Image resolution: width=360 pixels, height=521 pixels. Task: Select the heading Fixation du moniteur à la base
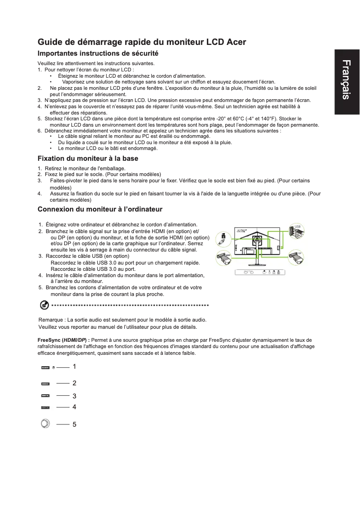pyautogui.click(x=88, y=159)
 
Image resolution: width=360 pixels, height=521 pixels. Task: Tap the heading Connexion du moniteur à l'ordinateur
pyautogui.click(x=100, y=210)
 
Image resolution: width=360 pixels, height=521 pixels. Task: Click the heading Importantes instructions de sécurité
pyautogui.click(x=98, y=53)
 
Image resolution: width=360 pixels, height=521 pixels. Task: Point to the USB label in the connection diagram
pyautogui.click(x=298, y=226)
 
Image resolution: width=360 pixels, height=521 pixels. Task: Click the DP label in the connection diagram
pyautogui.click(x=299, y=253)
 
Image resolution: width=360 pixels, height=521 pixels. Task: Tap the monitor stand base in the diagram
pyautogui.click(x=257, y=266)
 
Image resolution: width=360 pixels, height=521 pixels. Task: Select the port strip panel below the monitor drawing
pyautogui.click(x=261, y=272)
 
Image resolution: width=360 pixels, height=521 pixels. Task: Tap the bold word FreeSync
pyautogui.click(x=49, y=340)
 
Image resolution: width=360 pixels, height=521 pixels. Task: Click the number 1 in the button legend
pyautogui.click(x=74, y=367)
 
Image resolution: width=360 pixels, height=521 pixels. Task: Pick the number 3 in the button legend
pyautogui.click(x=74, y=396)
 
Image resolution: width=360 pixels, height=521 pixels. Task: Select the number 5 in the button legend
pyautogui.click(x=74, y=424)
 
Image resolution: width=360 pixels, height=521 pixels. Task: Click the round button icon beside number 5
pyautogui.click(x=45, y=424)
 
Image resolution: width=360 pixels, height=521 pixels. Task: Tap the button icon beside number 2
pyautogui.click(x=45, y=384)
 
